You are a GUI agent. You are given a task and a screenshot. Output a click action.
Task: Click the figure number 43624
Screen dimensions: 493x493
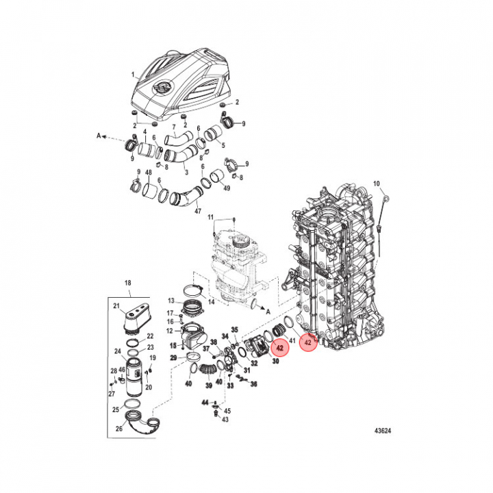[382, 431]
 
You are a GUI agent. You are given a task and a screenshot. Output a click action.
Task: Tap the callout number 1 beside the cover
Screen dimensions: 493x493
[134, 74]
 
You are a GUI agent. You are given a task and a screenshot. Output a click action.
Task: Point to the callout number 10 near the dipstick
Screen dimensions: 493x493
[375, 183]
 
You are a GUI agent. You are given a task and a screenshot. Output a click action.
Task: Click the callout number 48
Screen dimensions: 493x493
[149, 172]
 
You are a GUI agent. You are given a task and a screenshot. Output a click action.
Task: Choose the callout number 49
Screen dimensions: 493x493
[227, 188]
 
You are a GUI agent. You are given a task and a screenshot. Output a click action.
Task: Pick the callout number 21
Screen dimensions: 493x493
[116, 305]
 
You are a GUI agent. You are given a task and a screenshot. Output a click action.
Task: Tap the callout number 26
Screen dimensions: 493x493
[118, 429]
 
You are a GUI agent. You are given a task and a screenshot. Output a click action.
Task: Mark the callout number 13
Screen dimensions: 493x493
[170, 301]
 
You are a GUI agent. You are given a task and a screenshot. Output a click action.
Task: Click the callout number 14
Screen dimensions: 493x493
[212, 301]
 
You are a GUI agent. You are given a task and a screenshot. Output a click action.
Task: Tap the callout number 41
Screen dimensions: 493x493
[292, 340]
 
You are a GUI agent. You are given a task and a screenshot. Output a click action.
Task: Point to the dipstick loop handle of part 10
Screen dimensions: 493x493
[387, 198]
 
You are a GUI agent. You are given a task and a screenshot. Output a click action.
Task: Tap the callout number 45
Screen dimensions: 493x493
[227, 411]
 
